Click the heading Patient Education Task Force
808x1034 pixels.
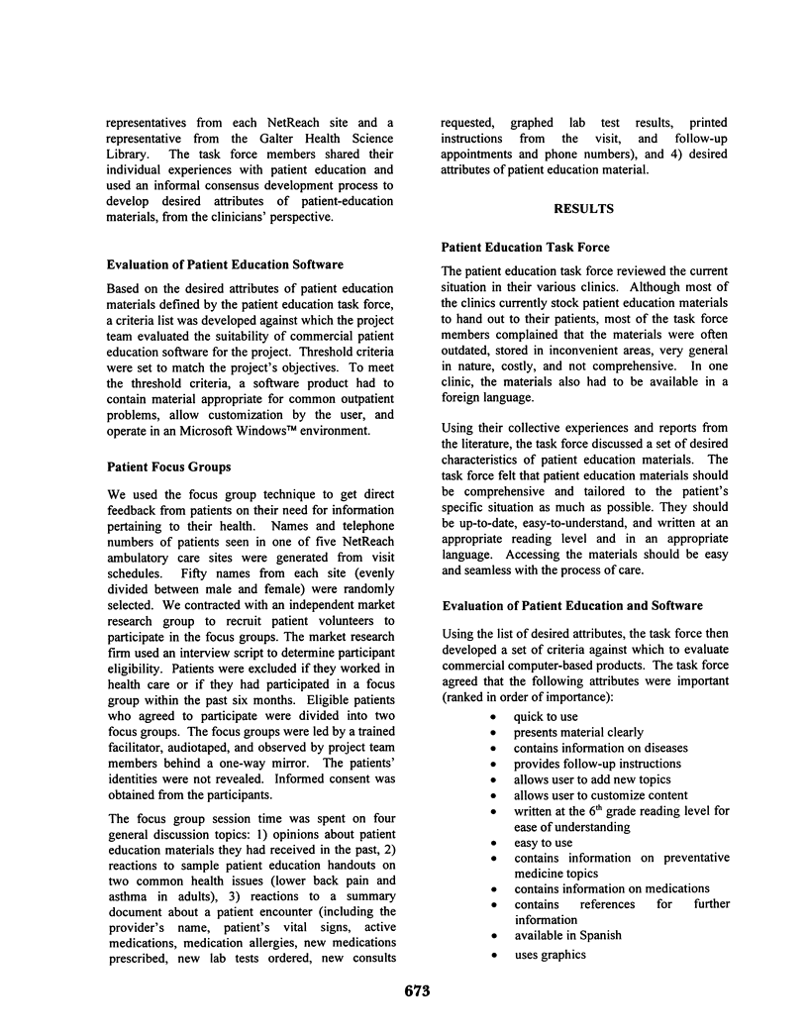527,247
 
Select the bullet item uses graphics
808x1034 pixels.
550,955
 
